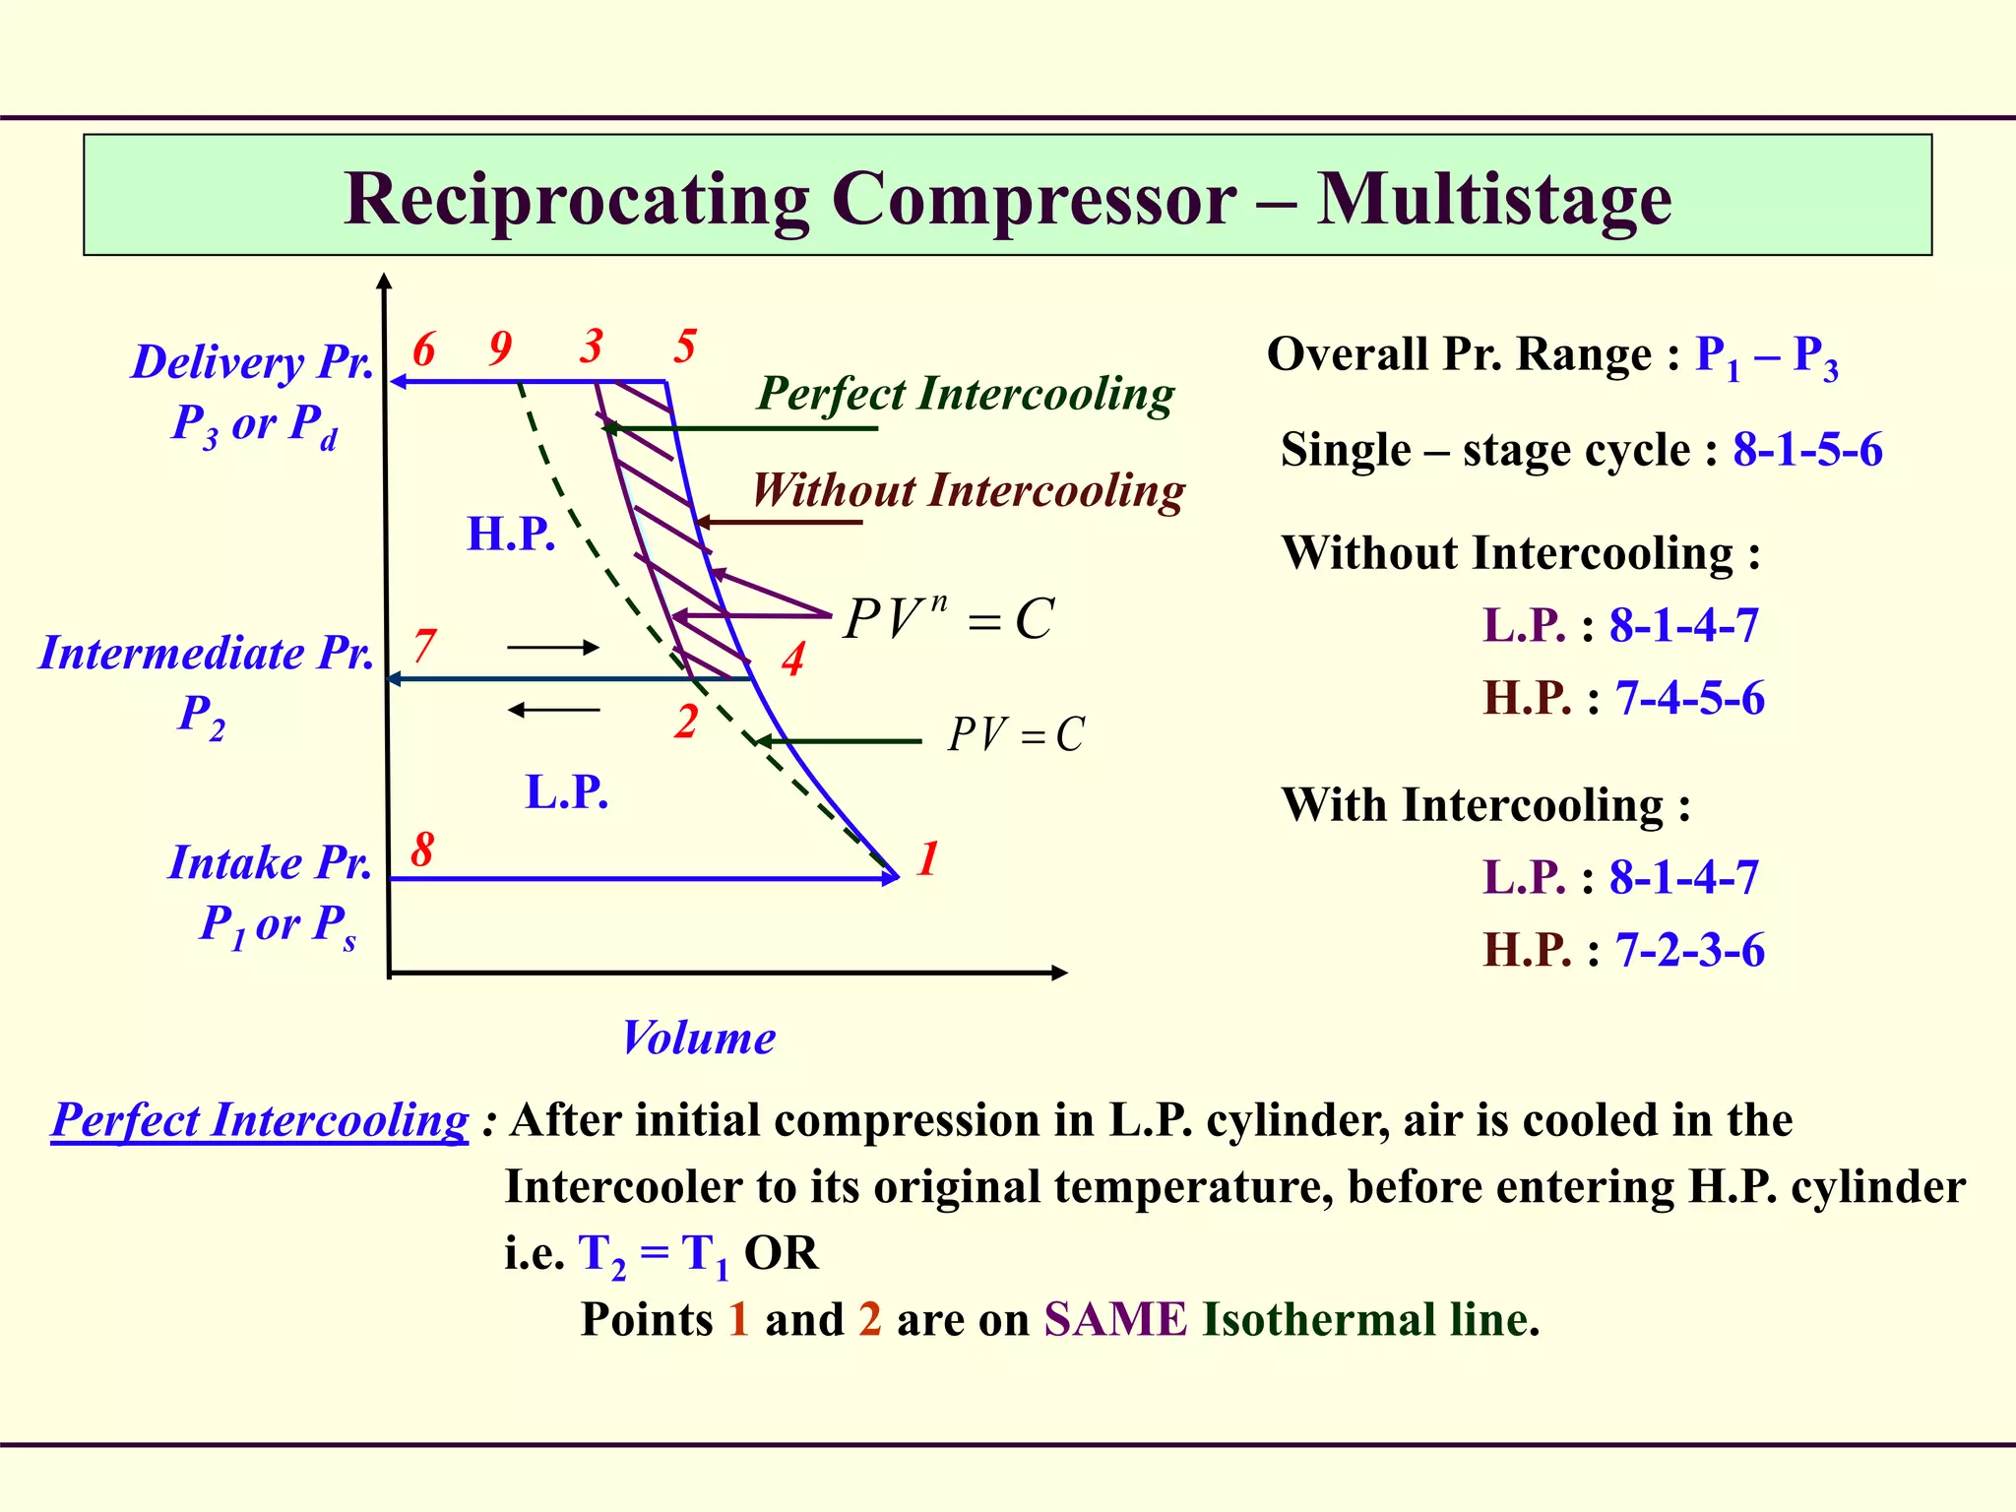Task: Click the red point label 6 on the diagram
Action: [x=424, y=349]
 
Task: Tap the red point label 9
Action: [x=500, y=347]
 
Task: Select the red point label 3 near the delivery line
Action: [x=591, y=346]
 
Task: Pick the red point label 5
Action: [x=685, y=346]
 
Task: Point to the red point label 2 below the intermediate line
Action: [x=686, y=722]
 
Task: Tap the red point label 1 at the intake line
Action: [x=927, y=858]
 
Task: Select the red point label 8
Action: [x=422, y=849]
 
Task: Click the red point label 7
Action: [x=423, y=647]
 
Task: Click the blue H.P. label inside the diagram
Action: [x=511, y=534]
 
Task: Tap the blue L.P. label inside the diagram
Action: [x=567, y=791]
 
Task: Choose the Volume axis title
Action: [x=698, y=1039]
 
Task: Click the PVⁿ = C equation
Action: [x=949, y=619]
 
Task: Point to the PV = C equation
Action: [x=1016, y=734]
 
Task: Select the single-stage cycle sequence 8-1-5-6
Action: [x=1807, y=450]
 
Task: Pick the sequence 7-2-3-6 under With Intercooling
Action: [x=1689, y=950]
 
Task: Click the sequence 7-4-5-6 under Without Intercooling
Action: [x=1689, y=698]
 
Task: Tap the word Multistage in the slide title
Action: [x=1493, y=200]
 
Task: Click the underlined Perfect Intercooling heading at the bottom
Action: [x=260, y=1120]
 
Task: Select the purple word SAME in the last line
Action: [x=1115, y=1319]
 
